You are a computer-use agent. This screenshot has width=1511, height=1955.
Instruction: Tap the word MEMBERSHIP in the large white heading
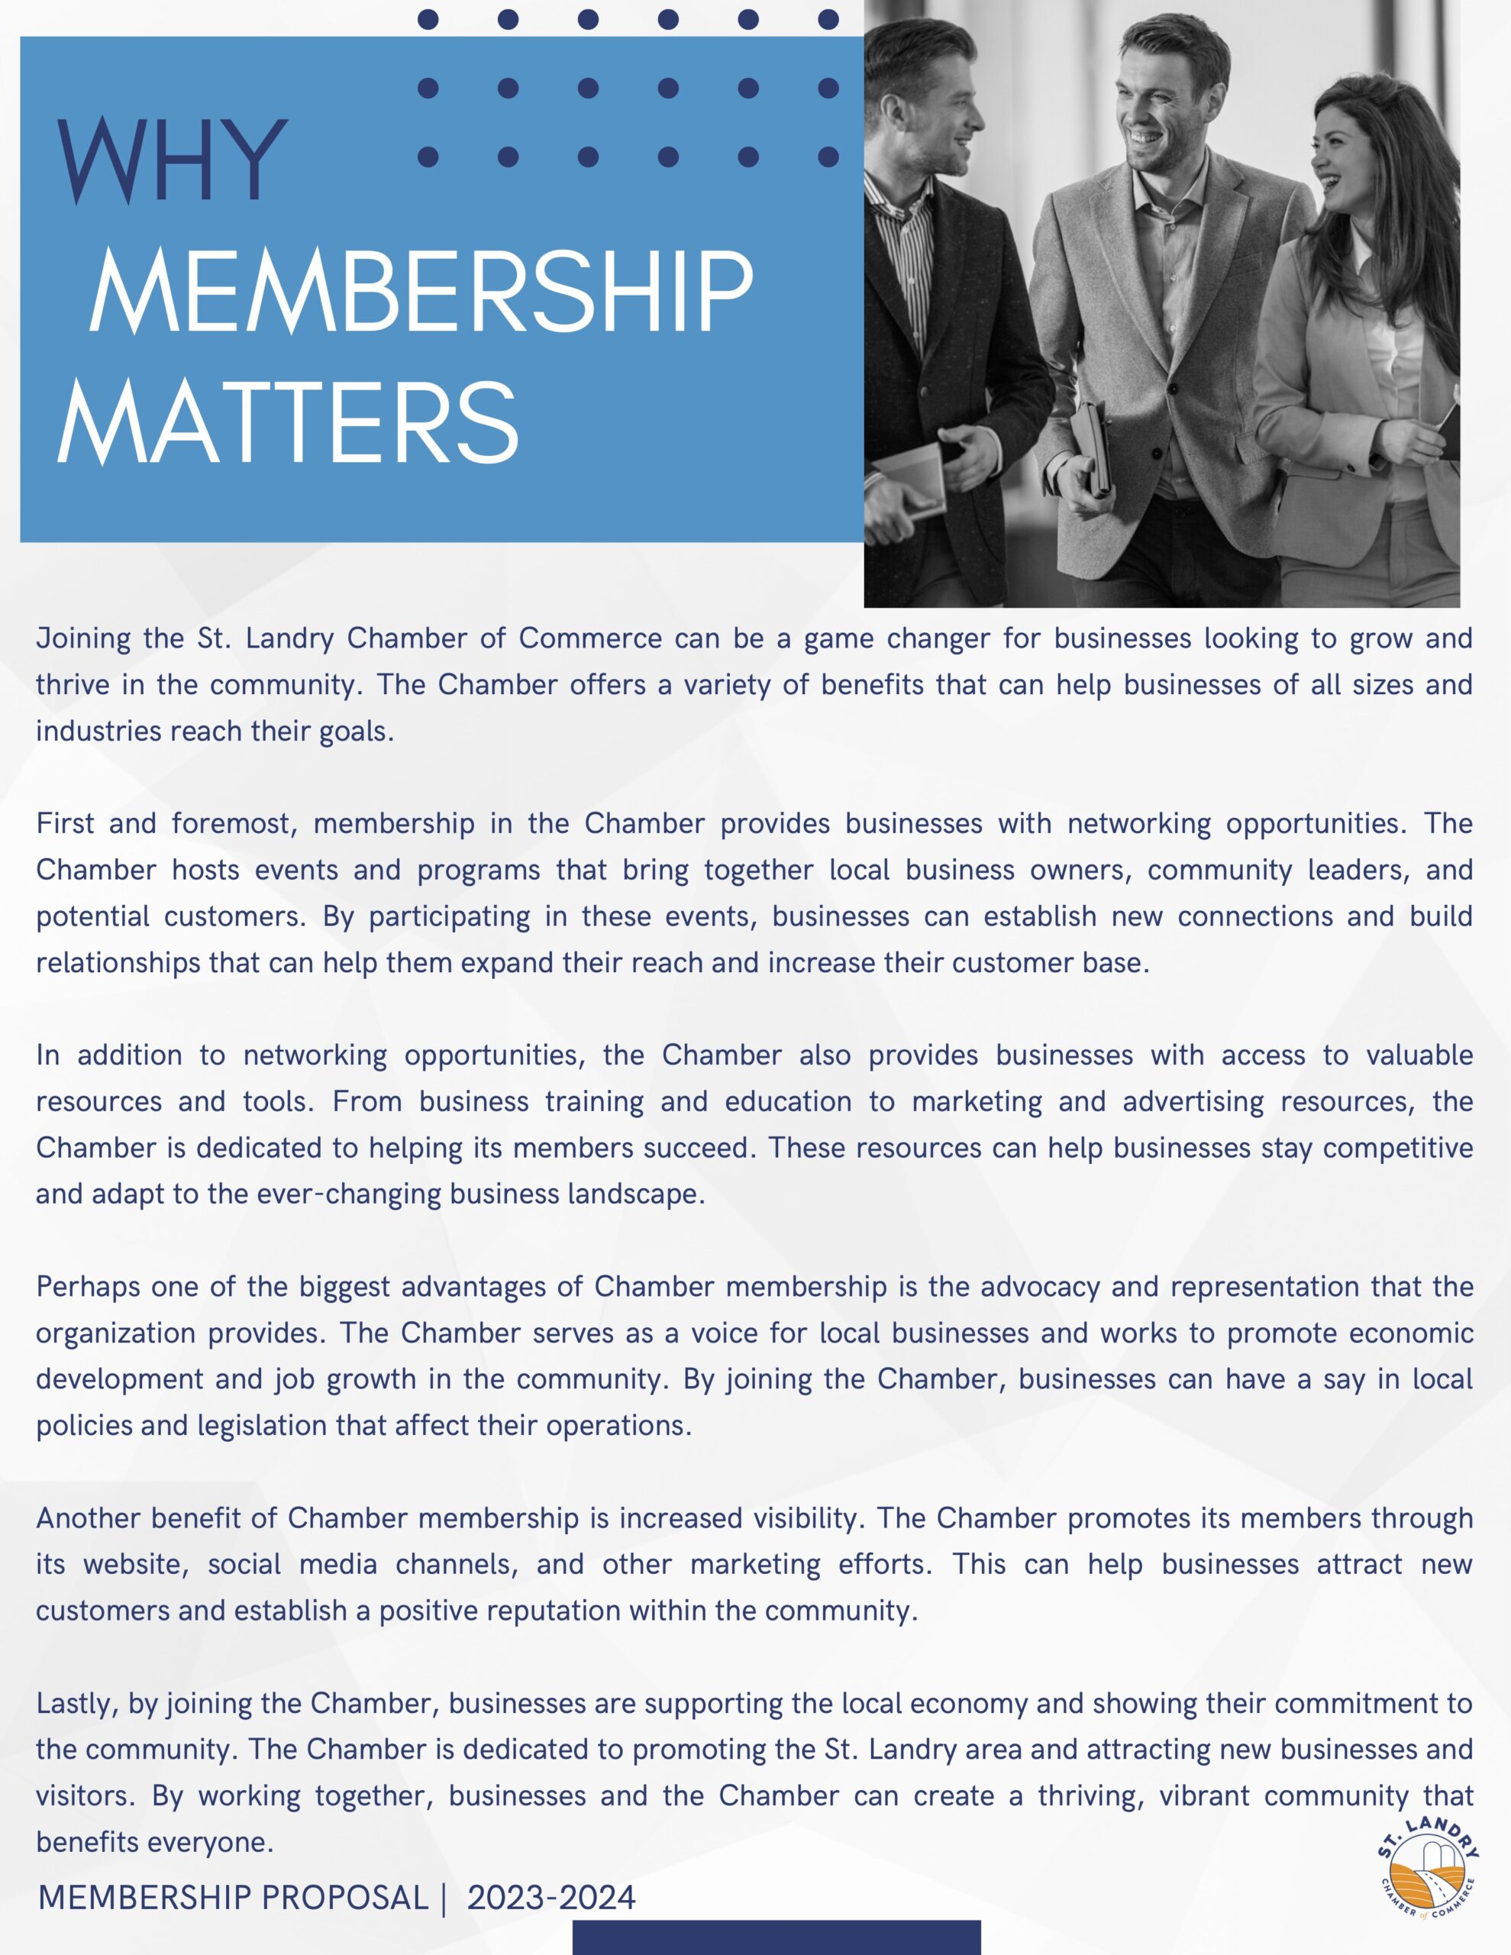pos(421,292)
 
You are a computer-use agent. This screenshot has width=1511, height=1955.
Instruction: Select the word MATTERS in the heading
pos(289,422)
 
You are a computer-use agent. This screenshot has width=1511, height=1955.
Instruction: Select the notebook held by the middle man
pos(1097,448)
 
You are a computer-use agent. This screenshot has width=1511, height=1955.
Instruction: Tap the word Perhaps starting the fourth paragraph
pos(86,1288)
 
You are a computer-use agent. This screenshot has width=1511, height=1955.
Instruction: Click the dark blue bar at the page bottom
pos(776,1937)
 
